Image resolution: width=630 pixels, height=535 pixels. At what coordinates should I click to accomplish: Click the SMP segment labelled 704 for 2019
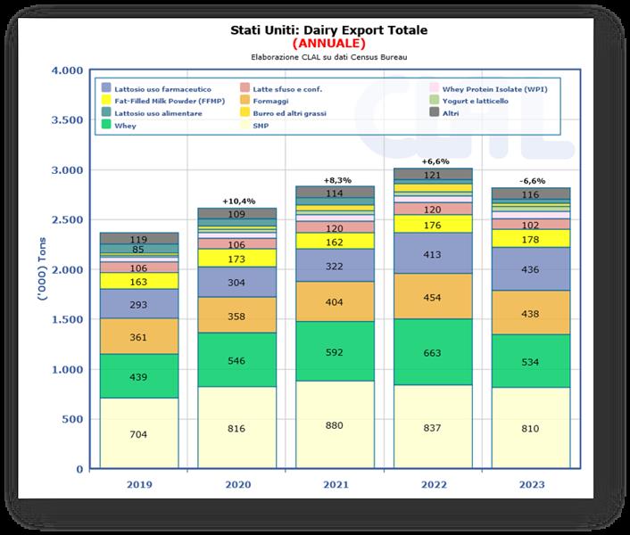(138, 434)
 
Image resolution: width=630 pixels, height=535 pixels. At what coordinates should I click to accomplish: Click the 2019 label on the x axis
(138, 485)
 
